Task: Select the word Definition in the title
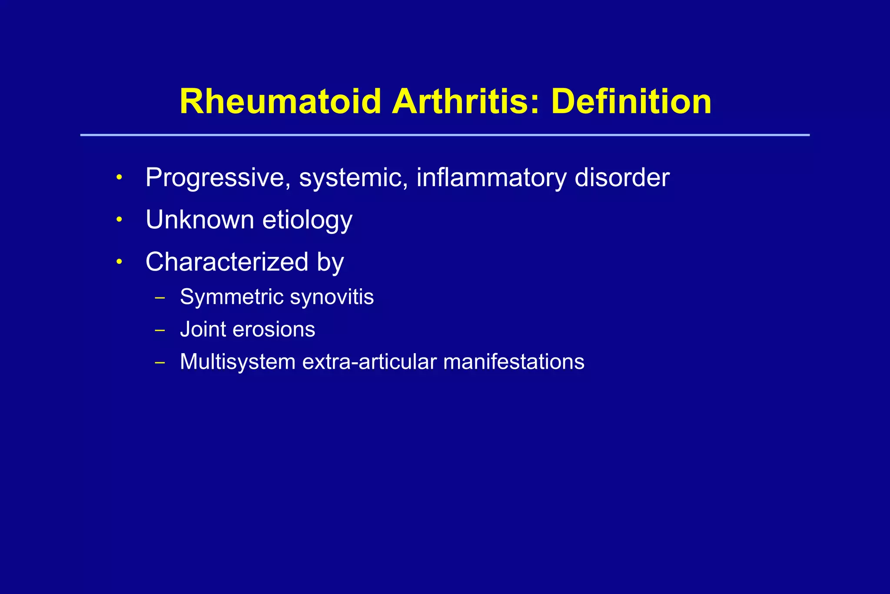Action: click(631, 102)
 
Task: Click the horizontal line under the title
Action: click(445, 135)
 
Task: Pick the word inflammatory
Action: click(491, 178)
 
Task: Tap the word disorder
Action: click(622, 178)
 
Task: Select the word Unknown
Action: click(200, 220)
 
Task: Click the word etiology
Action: click(307, 220)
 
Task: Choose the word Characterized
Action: click(227, 262)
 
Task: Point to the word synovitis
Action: click(332, 297)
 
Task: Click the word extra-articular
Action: click(369, 362)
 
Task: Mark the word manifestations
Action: click(514, 362)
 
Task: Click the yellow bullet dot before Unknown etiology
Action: click(119, 220)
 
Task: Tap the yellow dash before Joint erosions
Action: click(160, 330)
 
